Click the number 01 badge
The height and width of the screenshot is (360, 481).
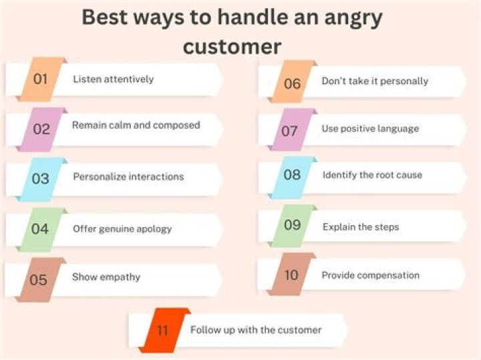click(41, 79)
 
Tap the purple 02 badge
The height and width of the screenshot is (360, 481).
click(42, 129)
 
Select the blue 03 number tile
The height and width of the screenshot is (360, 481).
click(41, 179)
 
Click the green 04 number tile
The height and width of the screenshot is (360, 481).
click(40, 229)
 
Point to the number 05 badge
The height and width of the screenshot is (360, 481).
click(39, 279)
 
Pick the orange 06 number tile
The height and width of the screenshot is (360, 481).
click(293, 83)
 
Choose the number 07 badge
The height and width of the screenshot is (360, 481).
click(290, 131)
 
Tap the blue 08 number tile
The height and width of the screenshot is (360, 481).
click(293, 175)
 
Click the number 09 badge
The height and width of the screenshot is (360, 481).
click(293, 225)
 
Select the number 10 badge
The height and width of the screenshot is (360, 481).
click(291, 275)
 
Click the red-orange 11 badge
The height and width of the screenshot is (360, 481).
click(163, 331)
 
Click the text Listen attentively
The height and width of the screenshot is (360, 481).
click(113, 79)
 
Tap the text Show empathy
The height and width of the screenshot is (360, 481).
click(106, 277)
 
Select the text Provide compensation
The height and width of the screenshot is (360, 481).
click(371, 275)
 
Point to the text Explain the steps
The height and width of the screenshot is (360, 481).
click(361, 227)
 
